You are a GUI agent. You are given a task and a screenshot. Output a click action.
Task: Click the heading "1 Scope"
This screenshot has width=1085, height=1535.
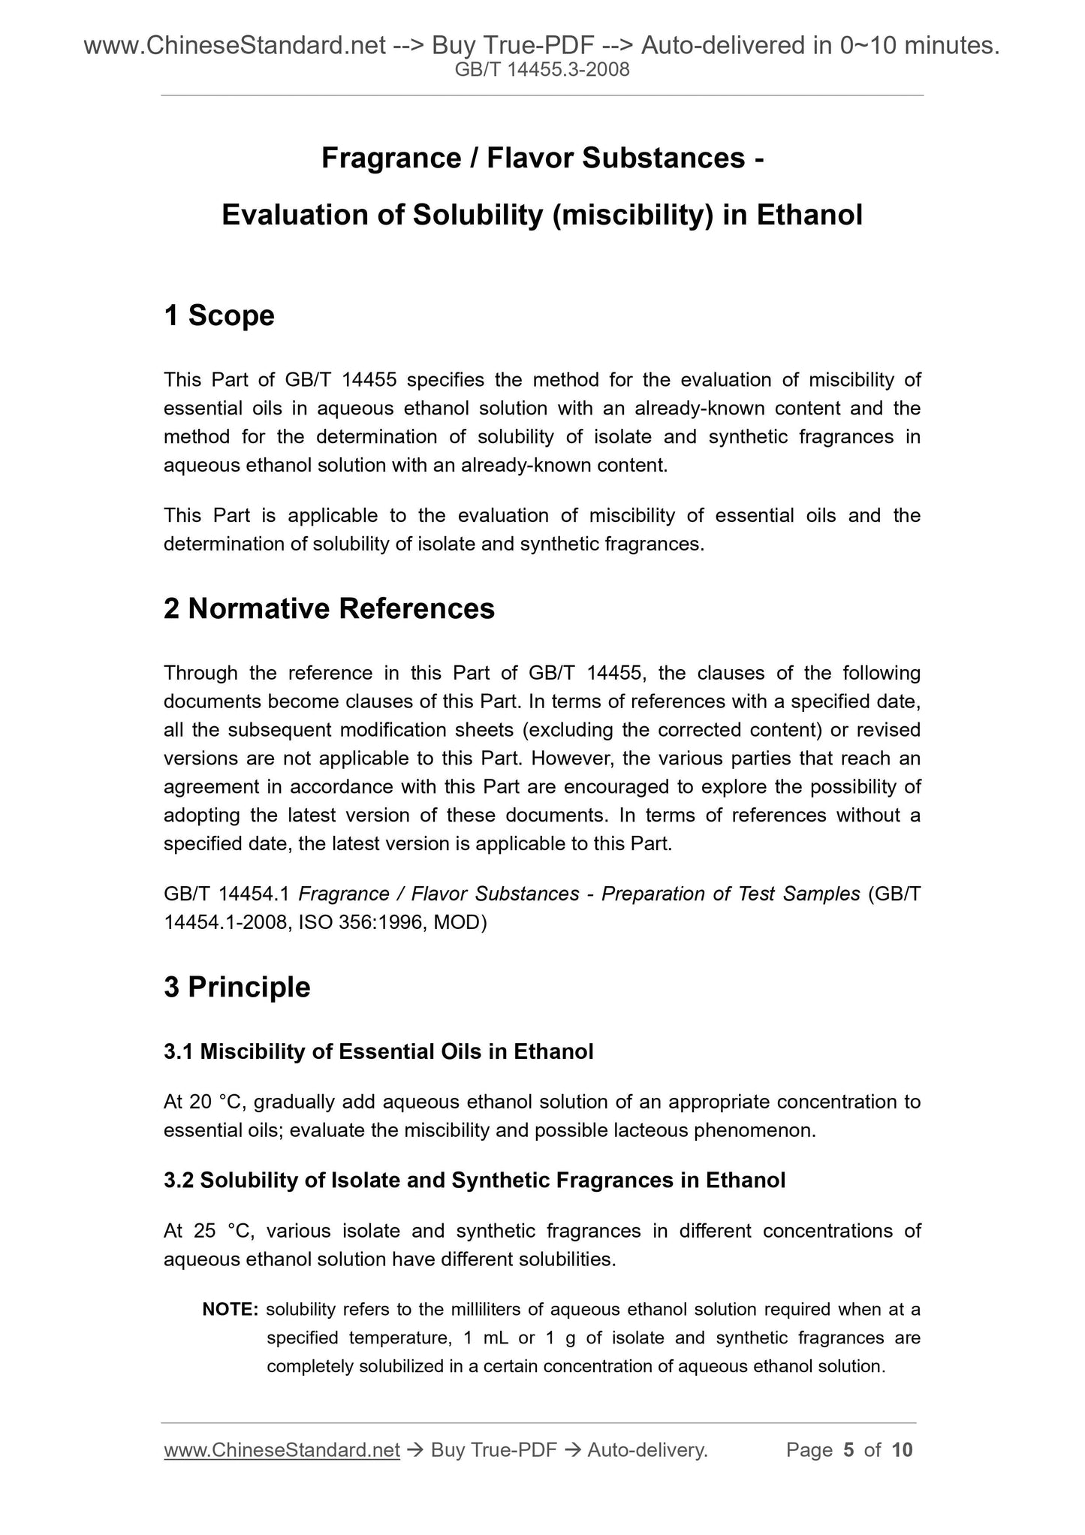[219, 316]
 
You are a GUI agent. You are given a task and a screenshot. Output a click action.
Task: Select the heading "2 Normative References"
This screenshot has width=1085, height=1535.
[329, 609]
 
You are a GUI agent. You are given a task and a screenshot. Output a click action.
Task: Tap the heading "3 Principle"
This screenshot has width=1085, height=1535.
[237, 987]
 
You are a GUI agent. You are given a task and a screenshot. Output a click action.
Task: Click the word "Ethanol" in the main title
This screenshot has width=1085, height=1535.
[809, 216]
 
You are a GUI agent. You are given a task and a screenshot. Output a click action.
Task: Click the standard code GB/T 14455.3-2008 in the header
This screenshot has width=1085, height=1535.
[542, 71]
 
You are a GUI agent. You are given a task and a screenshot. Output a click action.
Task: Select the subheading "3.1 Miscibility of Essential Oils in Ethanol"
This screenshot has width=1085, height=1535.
[378, 1052]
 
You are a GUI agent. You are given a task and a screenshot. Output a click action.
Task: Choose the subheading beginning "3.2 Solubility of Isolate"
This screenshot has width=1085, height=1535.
[475, 1181]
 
